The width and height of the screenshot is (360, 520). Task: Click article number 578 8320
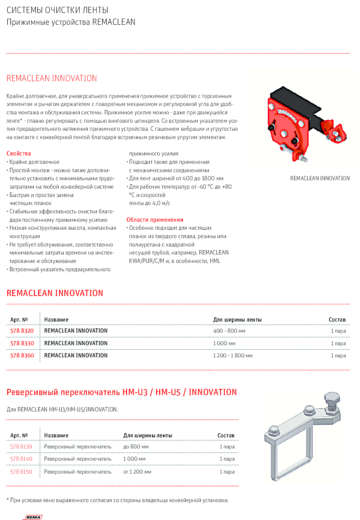pyautogui.click(x=22, y=331)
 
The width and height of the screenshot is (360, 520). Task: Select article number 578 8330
pyautogui.click(x=22, y=343)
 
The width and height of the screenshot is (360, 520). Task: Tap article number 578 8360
pyautogui.click(x=22, y=355)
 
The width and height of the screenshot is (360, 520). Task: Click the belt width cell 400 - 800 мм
pyautogui.click(x=229, y=331)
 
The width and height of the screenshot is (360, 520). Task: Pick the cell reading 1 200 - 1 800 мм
pyautogui.click(x=232, y=355)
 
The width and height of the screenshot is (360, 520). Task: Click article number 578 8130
pyautogui.click(x=21, y=446)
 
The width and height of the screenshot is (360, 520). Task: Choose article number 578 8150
pyautogui.click(x=21, y=472)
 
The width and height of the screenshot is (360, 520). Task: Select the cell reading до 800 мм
pyautogui.click(x=136, y=446)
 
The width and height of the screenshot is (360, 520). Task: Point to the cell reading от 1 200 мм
pyautogui.click(x=137, y=472)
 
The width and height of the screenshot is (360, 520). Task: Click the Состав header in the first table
pyautogui.click(x=337, y=320)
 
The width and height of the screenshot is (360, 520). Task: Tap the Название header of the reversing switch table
pyautogui.click(x=56, y=435)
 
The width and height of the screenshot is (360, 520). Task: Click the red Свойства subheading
pyautogui.click(x=19, y=154)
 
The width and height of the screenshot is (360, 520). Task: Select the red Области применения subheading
pyautogui.click(x=155, y=220)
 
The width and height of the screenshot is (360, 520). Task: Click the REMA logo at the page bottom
pyautogui.click(x=34, y=517)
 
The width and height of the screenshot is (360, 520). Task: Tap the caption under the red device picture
pyautogui.click(x=320, y=178)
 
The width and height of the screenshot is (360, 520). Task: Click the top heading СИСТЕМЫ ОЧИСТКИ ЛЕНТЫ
pyautogui.click(x=57, y=10)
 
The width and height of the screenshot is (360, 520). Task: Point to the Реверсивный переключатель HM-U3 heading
pyautogui.click(x=122, y=392)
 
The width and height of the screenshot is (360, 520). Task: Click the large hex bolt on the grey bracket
pyautogui.click(x=332, y=399)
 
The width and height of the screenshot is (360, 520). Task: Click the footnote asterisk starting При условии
pyautogui.click(x=8, y=500)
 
